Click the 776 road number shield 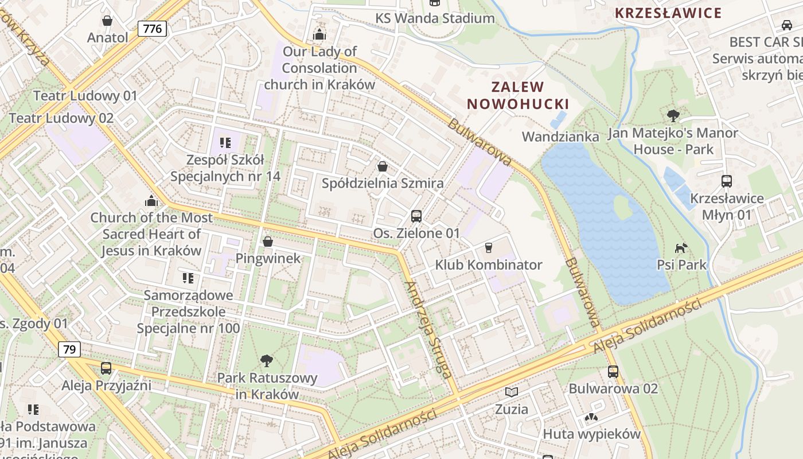[152, 29]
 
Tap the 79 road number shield [69, 349]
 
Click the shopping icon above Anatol [107, 21]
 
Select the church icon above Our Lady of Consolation [319, 34]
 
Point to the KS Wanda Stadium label [435, 18]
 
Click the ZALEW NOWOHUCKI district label [517, 95]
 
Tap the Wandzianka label [560, 137]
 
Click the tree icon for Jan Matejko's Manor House [673, 116]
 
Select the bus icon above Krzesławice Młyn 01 [727, 181]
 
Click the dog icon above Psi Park [681, 248]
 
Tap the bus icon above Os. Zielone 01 [416, 216]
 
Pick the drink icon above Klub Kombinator [489, 248]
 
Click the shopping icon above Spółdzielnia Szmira [383, 166]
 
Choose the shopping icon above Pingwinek [268, 242]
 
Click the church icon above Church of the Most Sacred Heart [151, 201]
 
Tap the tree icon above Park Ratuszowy [267, 361]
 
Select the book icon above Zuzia [511, 392]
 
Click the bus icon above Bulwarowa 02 [613, 371]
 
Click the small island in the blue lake [623, 207]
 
